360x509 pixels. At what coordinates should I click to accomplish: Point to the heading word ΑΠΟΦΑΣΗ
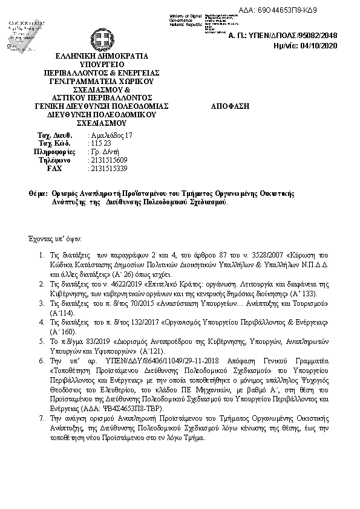230,105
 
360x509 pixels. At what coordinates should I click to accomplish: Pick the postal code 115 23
97,143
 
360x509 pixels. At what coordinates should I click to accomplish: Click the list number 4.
41,322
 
